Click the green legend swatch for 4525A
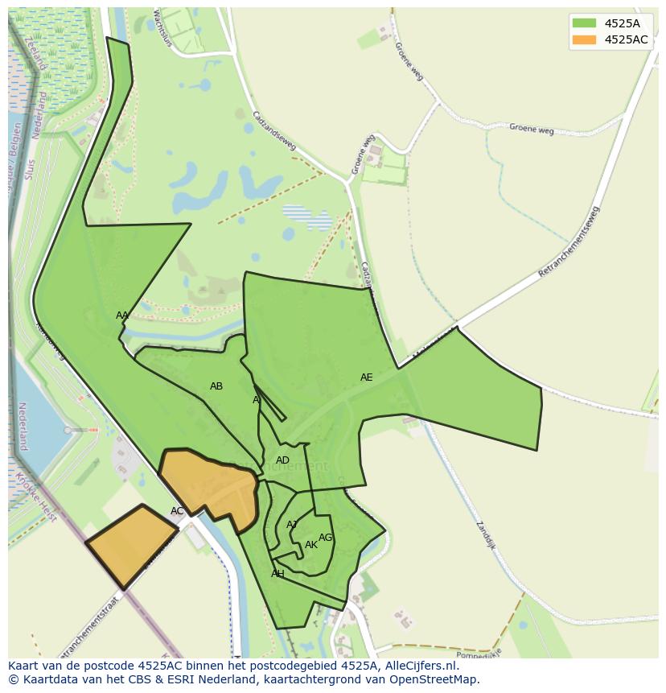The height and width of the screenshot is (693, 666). coord(584,23)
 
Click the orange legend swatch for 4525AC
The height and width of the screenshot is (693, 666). coord(584,39)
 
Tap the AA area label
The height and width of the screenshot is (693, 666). coord(122,316)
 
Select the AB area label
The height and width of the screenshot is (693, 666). coord(216,386)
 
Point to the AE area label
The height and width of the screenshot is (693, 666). coord(367,377)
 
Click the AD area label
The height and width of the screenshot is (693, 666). coord(282,460)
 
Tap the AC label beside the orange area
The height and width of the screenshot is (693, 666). coord(177,511)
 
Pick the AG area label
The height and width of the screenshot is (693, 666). coord(325,538)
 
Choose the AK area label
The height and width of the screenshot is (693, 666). coord(311,545)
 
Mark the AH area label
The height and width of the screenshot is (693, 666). coord(277,574)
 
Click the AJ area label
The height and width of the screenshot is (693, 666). coord(292,525)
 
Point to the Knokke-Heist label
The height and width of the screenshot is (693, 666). coord(35,498)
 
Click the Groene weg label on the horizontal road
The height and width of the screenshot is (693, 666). coord(531,129)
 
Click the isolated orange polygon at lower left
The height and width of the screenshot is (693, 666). coord(130,547)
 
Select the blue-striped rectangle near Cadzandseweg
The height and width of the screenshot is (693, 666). coord(306,217)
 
